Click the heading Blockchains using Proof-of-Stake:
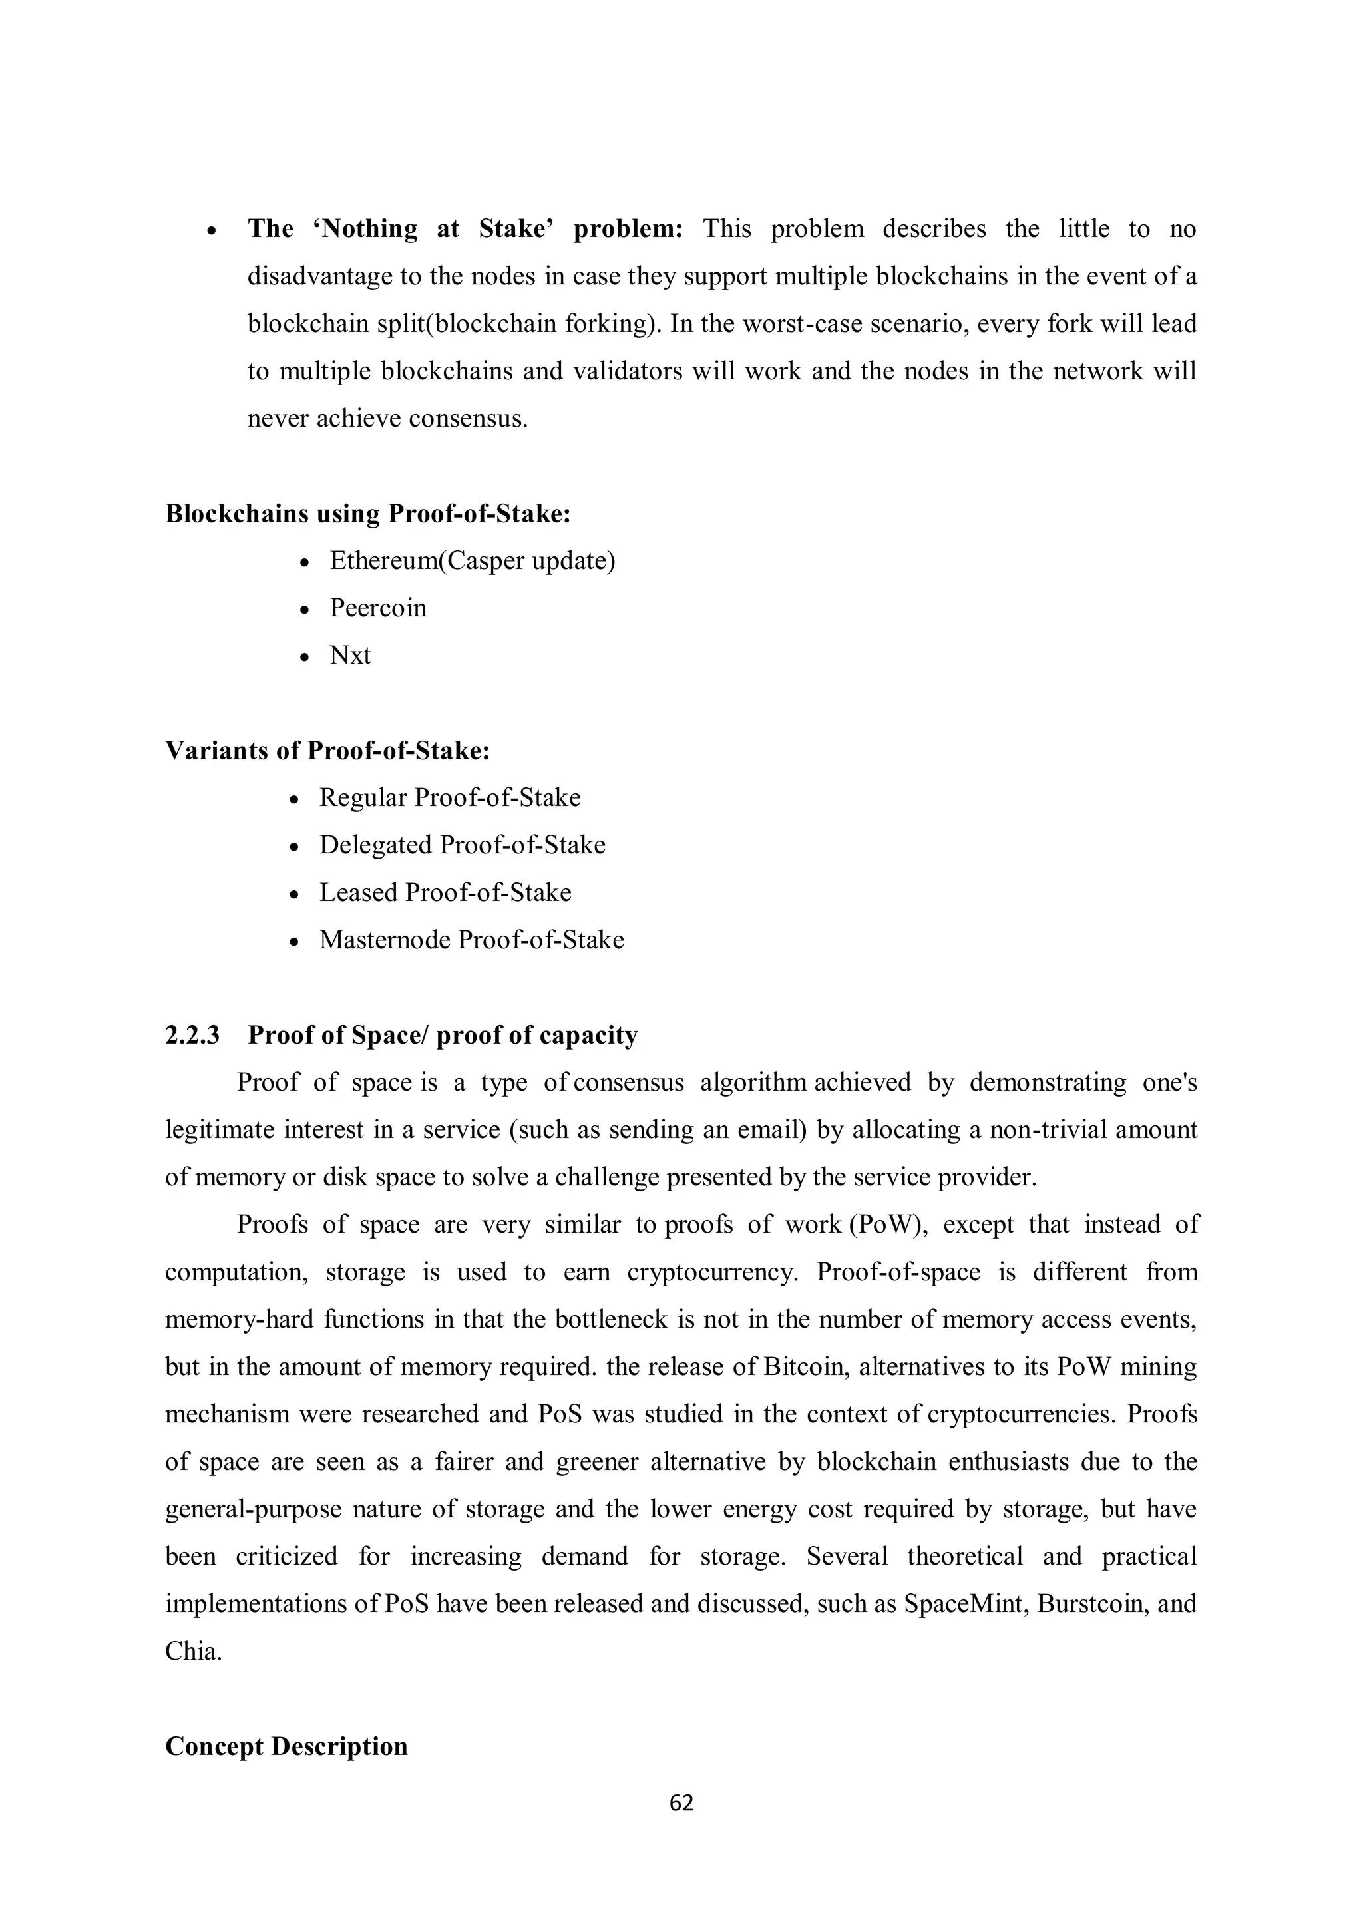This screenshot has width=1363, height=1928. tap(368, 514)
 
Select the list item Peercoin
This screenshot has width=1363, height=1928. tap(378, 608)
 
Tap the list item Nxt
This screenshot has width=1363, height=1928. tap(349, 655)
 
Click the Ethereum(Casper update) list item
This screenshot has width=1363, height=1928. tap(472, 560)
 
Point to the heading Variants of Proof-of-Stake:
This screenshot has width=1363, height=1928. tap(327, 751)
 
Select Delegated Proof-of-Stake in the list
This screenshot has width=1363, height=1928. tap(462, 845)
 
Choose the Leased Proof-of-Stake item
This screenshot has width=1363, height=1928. tap(445, 892)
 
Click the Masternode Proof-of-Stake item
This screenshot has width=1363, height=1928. tap(471, 940)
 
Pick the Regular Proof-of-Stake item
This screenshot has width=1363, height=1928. tap(449, 798)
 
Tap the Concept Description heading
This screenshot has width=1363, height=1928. tap(286, 1746)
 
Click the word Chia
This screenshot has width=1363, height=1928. tap(192, 1652)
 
